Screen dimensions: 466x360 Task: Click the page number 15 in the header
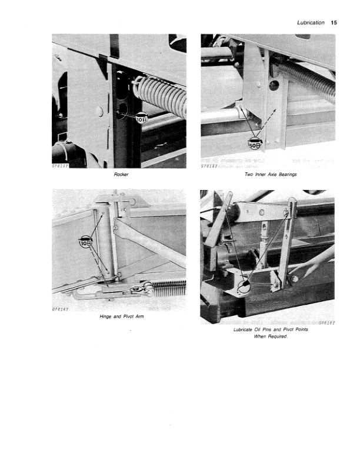pyautogui.click(x=334, y=23)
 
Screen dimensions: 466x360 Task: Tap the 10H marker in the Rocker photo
pyautogui.click(x=141, y=119)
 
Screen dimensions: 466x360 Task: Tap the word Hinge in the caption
pyautogui.click(x=109, y=317)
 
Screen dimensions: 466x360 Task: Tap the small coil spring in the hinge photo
pyautogui.click(x=168, y=287)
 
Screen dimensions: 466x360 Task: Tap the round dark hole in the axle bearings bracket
pyautogui.click(x=273, y=85)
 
